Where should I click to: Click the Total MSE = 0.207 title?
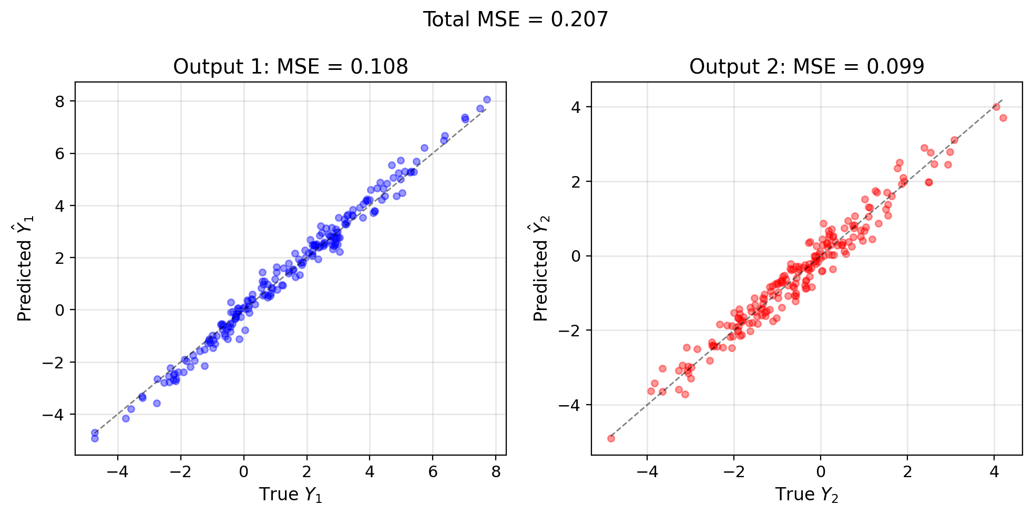(516, 20)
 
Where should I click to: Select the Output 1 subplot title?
(290, 67)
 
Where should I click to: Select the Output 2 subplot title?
(806, 67)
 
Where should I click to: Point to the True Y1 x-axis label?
(290, 495)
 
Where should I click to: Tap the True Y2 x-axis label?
(806, 495)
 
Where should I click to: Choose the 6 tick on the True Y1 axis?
(433, 471)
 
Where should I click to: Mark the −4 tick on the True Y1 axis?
(117, 471)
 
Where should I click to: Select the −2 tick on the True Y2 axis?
(734, 471)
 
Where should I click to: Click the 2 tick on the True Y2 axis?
(907, 471)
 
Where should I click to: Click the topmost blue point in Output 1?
(487, 99)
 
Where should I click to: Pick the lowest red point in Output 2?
(611, 438)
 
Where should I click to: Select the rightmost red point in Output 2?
(1003, 118)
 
